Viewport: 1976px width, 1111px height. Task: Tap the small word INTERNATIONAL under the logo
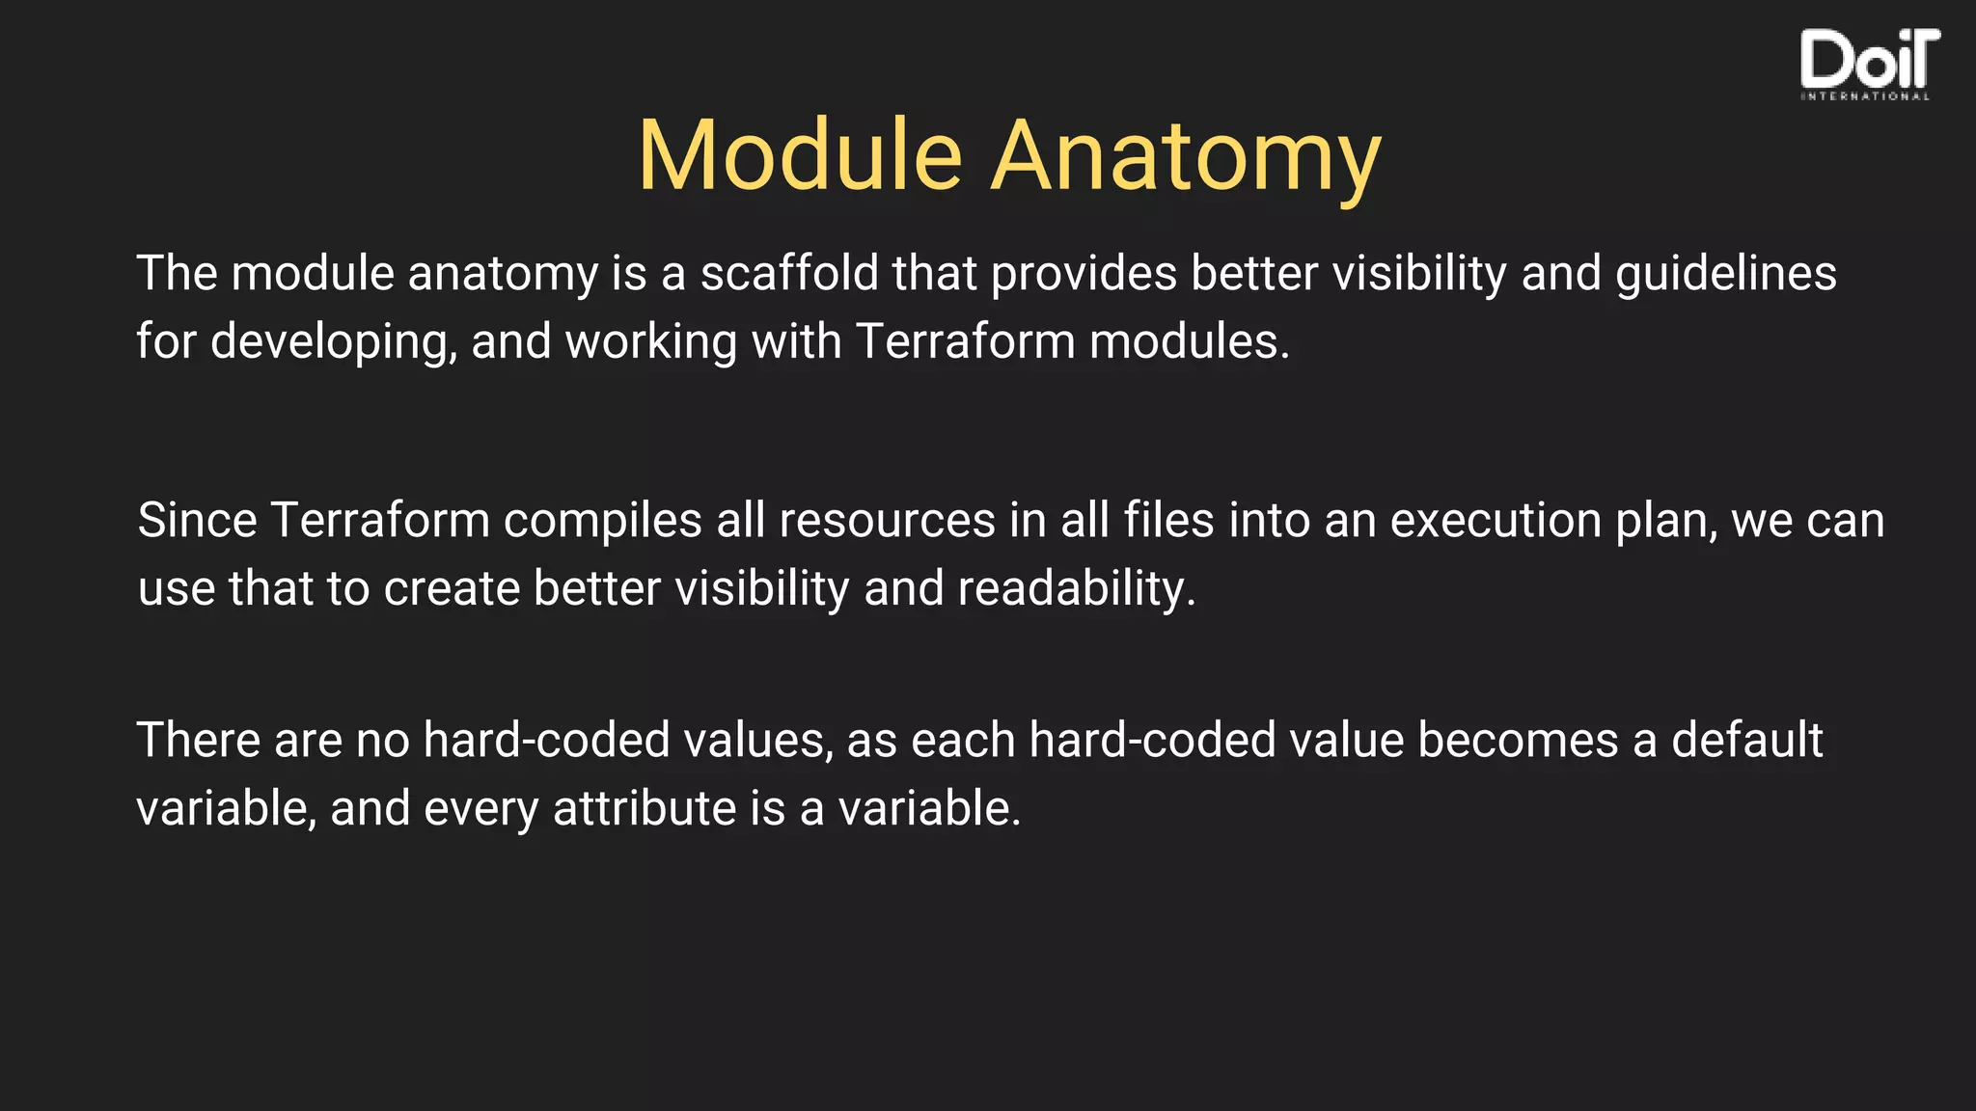pos(1865,96)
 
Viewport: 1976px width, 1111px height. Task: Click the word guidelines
pos(1726,275)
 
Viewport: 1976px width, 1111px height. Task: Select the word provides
pos(1084,275)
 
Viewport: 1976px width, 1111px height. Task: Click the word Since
pos(197,521)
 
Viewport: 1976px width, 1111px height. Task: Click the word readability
pos(1076,589)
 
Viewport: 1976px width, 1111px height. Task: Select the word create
pos(452,589)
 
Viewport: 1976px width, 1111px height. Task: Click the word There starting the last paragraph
pos(198,741)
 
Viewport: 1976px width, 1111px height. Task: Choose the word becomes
pos(1518,741)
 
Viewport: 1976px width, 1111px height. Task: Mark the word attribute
pos(645,808)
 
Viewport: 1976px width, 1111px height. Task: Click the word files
pos(1168,521)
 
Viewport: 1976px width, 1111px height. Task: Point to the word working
pos(651,343)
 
